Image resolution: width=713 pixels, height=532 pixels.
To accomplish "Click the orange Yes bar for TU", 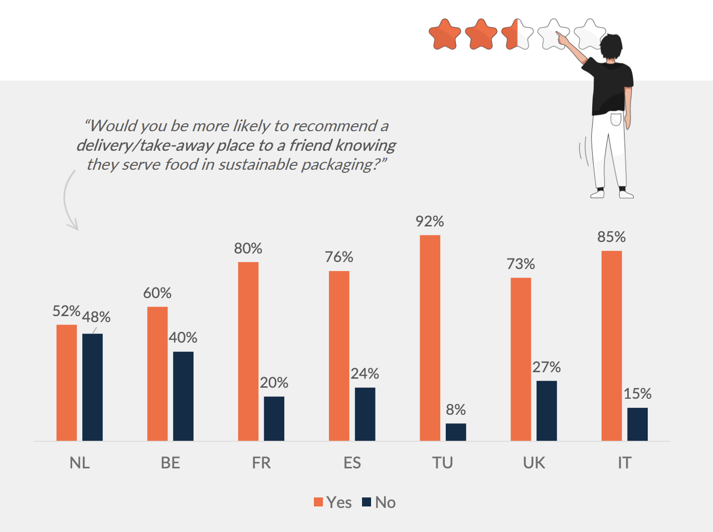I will tap(430, 338).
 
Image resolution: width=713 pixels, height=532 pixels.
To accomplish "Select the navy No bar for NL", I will tap(92, 387).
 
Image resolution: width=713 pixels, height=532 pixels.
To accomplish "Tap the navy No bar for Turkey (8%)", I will tap(456, 432).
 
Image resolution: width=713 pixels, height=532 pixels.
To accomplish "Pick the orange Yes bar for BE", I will tap(157, 373).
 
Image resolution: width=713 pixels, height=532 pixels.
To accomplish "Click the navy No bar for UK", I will tap(547, 410).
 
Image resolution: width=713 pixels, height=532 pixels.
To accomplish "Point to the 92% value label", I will tap(430, 221).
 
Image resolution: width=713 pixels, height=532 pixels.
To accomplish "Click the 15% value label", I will tap(637, 394).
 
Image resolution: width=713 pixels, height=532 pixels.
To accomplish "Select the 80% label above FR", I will tap(248, 248).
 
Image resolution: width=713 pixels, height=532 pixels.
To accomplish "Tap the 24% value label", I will tap(365, 374).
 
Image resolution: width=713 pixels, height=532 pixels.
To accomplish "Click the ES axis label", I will tap(352, 463).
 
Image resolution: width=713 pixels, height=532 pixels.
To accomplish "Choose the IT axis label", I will tap(624, 463).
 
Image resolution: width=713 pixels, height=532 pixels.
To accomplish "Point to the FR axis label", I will tap(261, 463).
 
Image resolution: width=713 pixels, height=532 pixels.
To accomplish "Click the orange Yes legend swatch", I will tap(318, 502).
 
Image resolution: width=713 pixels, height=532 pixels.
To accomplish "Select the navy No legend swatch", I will tap(367, 502).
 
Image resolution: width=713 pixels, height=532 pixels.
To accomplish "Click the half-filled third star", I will tap(517, 35).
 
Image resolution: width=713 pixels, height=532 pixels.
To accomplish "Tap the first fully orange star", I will tap(445, 35).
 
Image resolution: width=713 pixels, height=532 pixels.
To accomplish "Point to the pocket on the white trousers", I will tap(616, 119).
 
